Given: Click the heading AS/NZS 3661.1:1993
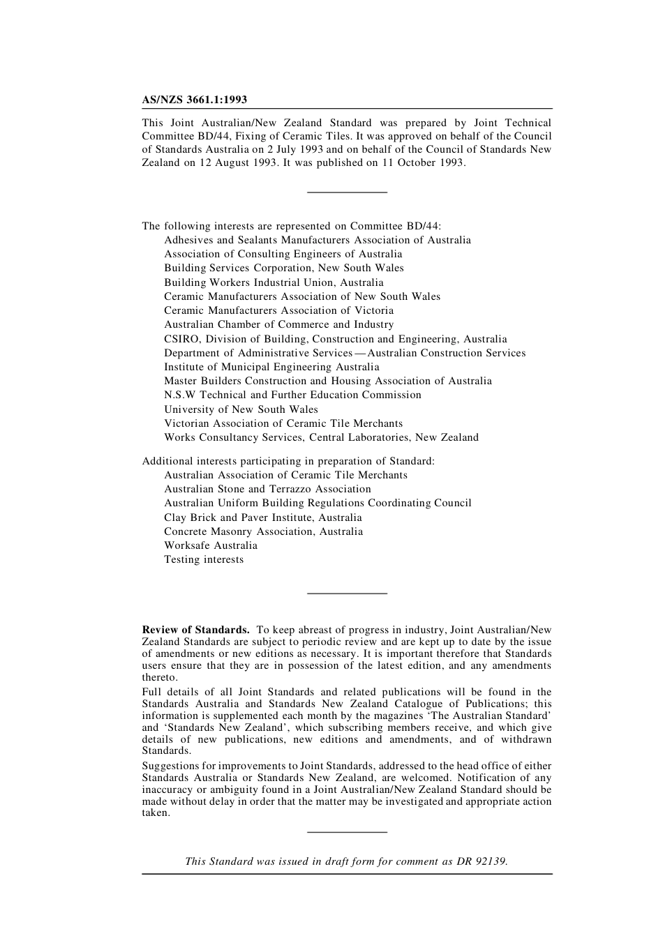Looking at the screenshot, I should tap(194, 100).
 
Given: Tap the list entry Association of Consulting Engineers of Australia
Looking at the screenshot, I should tap(283, 254).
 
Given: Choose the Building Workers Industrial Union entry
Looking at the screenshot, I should tap(274, 282).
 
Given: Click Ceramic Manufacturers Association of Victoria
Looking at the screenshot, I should tap(278, 310).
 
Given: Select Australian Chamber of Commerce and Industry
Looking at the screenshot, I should tap(278, 324).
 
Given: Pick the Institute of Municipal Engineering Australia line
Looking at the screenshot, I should tap(271, 367).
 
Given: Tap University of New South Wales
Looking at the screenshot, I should tap(241, 409).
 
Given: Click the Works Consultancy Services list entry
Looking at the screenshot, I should tap(321, 437).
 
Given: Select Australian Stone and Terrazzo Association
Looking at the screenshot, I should tap(267, 489).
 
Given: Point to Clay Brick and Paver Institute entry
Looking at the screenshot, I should tap(262, 517).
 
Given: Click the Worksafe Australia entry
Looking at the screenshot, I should tap(211, 545).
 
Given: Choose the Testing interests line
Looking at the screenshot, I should tap(204, 559).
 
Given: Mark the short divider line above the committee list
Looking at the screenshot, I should tap(347, 192).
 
